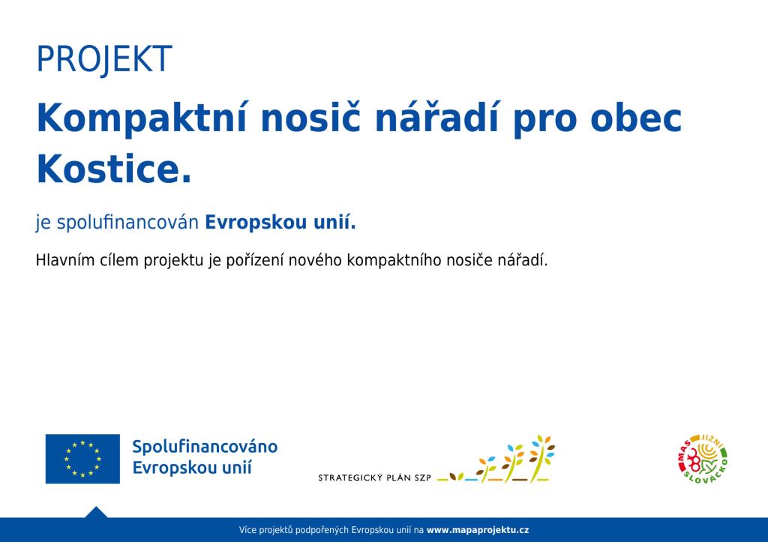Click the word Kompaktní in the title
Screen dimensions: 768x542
pos(142,118)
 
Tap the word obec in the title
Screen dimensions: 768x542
pos(636,118)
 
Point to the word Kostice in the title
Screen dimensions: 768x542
pos(108,169)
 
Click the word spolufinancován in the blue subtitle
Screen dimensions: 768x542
pos(127,223)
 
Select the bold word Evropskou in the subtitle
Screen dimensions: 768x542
pos(249,223)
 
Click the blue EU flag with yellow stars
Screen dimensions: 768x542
pos(82,459)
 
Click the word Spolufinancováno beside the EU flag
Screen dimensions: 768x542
pos(205,447)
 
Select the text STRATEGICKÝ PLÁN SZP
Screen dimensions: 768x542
pos(375,478)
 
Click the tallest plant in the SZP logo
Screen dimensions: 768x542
pos(541,458)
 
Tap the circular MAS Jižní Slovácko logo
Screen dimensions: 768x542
pos(703,460)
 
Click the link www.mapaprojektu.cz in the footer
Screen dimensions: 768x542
pos(478,530)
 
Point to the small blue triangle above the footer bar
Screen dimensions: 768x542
pos(96,512)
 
